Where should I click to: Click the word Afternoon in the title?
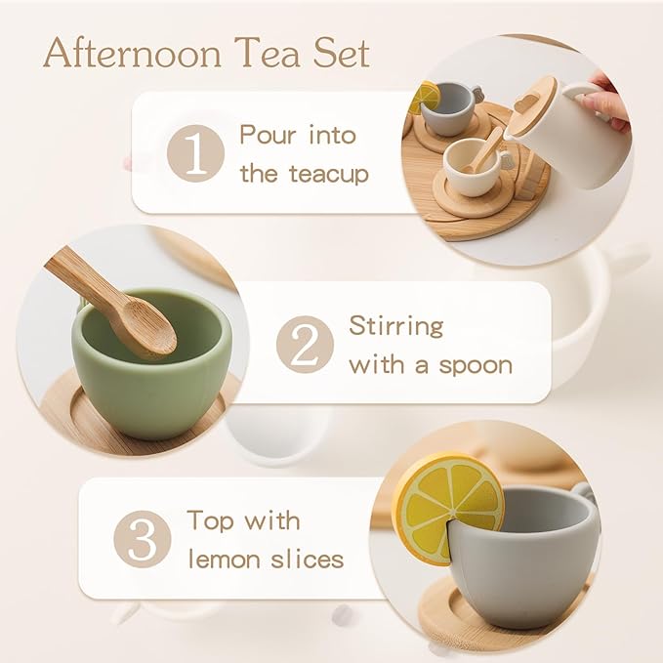(131, 54)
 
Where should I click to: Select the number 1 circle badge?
(195, 153)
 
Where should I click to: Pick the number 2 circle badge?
(304, 344)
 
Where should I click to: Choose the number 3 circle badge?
(142, 539)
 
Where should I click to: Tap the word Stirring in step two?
(395, 325)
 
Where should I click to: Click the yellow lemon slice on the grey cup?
(448, 508)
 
